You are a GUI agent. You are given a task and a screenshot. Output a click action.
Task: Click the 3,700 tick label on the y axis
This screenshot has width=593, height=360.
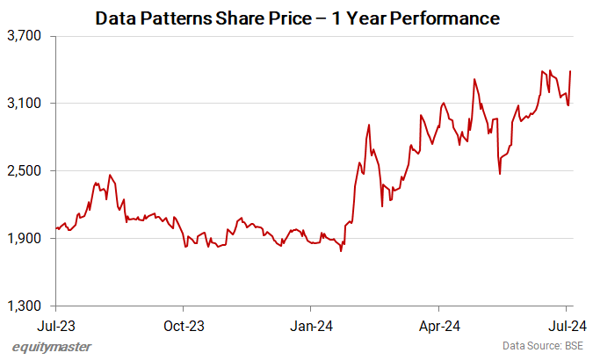[25, 36]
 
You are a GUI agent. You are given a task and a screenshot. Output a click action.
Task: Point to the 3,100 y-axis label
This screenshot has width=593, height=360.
[25, 104]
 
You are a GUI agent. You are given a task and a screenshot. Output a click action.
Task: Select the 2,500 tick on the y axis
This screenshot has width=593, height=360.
[25, 171]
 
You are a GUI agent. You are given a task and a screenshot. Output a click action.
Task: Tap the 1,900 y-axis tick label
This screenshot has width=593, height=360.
[25, 238]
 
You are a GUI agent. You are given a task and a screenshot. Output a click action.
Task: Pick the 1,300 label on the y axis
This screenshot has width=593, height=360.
[25, 306]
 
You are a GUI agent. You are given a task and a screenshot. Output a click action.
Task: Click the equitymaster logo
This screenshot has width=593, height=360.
[52, 347]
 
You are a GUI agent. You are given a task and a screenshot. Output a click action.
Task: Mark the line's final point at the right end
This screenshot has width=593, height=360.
[570, 71]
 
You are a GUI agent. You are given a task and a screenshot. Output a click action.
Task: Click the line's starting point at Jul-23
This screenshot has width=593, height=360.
[56, 228]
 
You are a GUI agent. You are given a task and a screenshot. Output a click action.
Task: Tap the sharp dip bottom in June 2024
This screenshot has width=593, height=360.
[500, 174]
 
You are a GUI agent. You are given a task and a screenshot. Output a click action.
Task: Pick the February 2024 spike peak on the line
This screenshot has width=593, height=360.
[369, 125]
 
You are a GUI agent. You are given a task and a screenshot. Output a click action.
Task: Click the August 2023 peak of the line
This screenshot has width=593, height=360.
[109, 175]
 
